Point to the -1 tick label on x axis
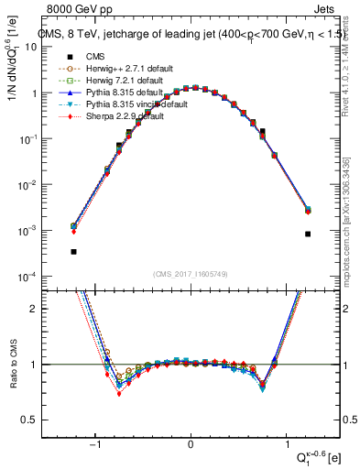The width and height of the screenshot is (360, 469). click(97, 444)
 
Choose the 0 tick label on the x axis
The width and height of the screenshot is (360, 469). click(191, 444)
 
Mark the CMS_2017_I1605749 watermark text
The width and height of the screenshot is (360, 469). click(191, 274)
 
